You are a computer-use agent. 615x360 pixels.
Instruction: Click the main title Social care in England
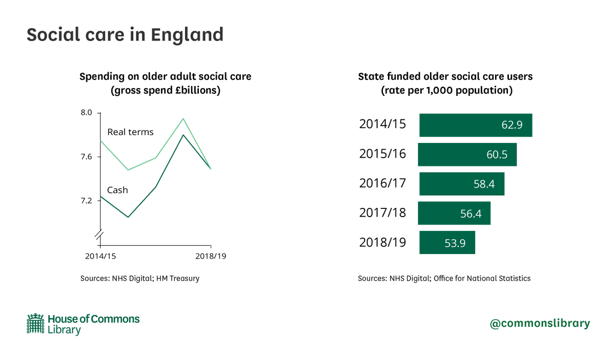point(125,35)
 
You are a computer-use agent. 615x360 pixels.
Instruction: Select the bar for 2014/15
point(476,125)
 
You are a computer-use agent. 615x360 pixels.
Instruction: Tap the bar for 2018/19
point(447,242)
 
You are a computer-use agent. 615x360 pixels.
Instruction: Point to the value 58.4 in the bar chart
point(483,184)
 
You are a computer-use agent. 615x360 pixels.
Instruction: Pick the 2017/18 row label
point(382,213)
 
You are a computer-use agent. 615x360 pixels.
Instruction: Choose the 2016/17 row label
point(382,183)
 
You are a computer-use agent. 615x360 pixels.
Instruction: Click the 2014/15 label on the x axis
point(99,256)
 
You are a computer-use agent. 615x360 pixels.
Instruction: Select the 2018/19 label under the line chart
point(211,256)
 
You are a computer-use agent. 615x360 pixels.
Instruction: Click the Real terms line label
point(130,132)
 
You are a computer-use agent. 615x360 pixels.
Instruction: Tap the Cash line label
point(117,190)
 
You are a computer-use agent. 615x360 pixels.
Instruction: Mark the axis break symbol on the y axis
point(99,235)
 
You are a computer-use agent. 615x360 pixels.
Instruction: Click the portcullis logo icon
point(35,324)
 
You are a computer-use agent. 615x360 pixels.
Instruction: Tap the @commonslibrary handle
point(540,324)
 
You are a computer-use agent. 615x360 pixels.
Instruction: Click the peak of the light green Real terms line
point(183,119)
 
